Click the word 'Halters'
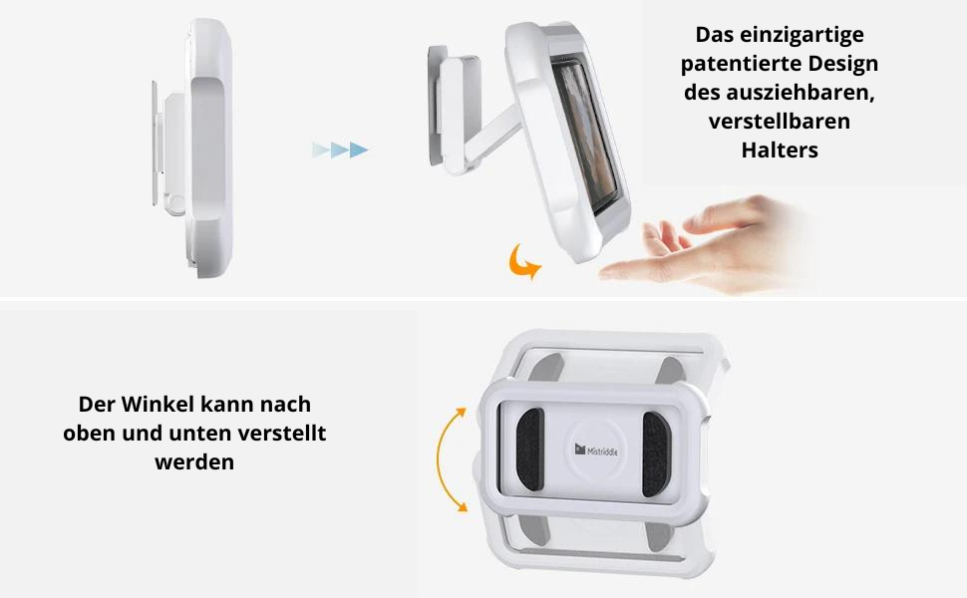coord(780,149)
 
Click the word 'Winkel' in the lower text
coord(157,405)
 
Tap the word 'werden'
coord(194,461)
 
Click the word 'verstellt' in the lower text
coord(282,434)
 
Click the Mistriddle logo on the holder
coord(596,450)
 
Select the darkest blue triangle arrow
coord(359,149)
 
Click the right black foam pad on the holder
coord(655,454)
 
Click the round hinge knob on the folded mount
coord(175,204)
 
